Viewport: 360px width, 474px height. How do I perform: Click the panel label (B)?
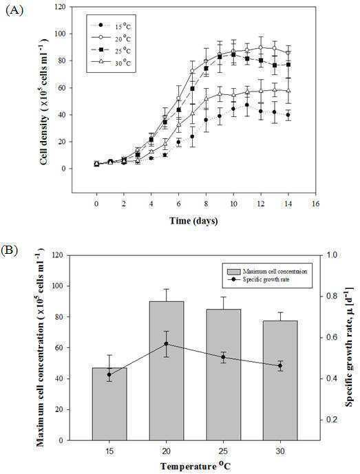(10, 251)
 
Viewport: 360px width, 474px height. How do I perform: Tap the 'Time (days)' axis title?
(193, 221)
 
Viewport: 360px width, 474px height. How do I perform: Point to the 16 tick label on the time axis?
(315, 204)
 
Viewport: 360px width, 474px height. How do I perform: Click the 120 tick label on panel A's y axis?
(60, 7)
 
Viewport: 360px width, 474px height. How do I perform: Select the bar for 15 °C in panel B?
(109, 404)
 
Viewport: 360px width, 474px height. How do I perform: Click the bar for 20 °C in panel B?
(167, 371)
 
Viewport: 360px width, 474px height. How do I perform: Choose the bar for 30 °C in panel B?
(280, 380)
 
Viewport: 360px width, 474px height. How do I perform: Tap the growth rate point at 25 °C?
(223, 357)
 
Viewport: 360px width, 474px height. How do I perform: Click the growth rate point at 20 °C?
(167, 344)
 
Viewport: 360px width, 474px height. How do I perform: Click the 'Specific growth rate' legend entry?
(260, 279)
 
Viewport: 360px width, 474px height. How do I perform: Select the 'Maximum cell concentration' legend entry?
(267, 271)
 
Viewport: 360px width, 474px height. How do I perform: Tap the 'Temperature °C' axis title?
(195, 466)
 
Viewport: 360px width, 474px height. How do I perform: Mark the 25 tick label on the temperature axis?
(223, 451)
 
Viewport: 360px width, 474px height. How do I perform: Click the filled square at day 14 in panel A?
(288, 65)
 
